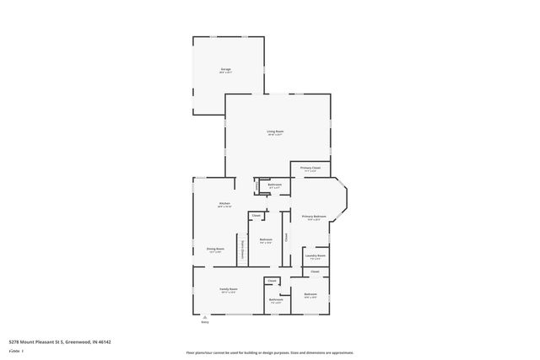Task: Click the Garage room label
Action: click(x=226, y=69)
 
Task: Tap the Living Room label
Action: click(x=275, y=132)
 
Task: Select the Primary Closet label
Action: click(x=310, y=168)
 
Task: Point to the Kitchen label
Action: click(x=224, y=204)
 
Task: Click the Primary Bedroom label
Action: click(x=314, y=217)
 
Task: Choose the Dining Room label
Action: click(x=215, y=249)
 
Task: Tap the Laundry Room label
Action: click(x=316, y=255)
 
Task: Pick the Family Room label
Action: click(x=227, y=289)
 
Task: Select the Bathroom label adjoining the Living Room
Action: click(x=274, y=185)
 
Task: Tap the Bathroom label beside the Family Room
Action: click(x=276, y=299)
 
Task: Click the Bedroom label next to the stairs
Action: click(x=266, y=240)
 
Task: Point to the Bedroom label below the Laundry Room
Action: click(x=310, y=294)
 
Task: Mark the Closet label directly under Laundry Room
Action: click(x=315, y=271)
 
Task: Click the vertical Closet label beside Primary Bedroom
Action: click(x=286, y=238)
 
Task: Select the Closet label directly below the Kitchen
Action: click(x=255, y=216)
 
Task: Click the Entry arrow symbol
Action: click(x=204, y=316)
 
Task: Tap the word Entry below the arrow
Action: click(x=204, y=322)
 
